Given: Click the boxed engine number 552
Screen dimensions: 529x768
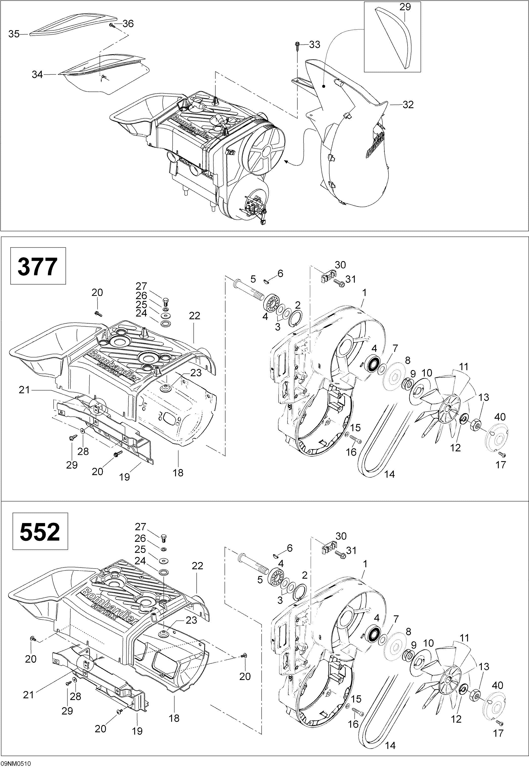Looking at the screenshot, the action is [x=40, y=531].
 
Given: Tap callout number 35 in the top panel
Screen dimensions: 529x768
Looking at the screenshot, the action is [x=14, y=34].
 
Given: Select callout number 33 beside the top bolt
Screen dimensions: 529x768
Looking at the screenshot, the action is [x=315, y=44].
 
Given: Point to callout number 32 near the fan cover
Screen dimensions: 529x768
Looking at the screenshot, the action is [x=408, y=105].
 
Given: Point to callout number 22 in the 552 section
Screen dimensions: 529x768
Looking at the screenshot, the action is [x=197, y=566].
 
